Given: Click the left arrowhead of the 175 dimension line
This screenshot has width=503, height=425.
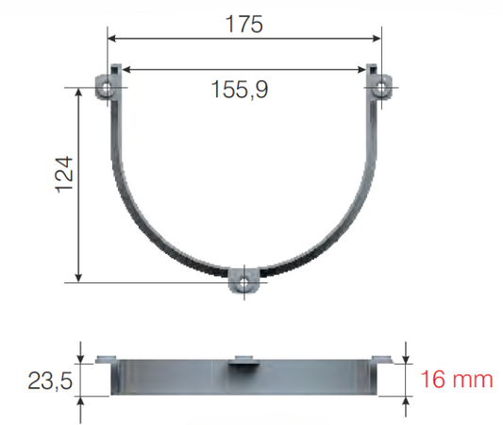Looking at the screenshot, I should (x=111, y=39).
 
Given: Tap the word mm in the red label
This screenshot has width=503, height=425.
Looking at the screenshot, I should (x=473, y=380).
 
